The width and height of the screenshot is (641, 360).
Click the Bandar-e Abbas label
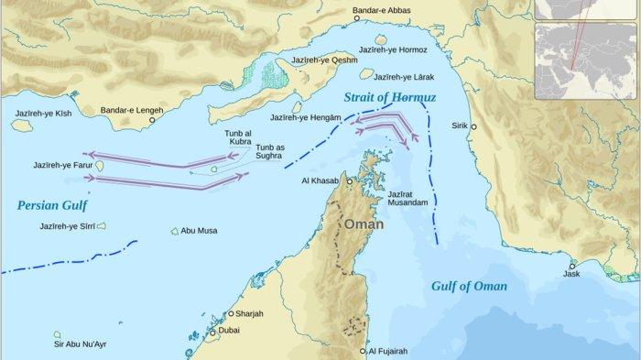coord(383,12)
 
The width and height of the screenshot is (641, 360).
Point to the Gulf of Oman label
coord(469,286)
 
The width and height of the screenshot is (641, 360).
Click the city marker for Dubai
coord(213,333)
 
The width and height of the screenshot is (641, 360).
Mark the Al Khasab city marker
coord(348,182)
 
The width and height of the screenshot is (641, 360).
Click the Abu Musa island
coord(173,231)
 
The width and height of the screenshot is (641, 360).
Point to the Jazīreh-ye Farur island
coord(99,165)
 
